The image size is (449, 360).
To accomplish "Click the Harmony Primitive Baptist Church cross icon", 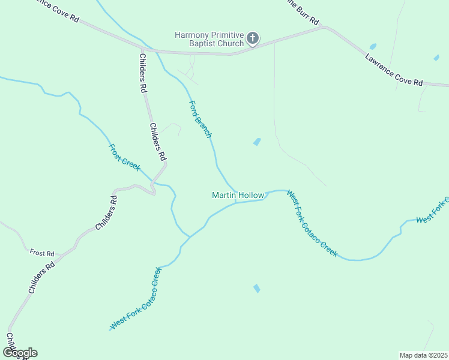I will coord(253,39).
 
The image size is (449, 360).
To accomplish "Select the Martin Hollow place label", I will coord(238,195).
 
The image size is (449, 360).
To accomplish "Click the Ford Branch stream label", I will coord(200,119).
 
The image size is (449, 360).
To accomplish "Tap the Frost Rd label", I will coord(42,253).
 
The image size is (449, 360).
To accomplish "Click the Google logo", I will coord(19,353).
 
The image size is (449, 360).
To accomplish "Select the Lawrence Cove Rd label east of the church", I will coord(393,70).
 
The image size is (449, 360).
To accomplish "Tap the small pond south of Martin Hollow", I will coord(257,289).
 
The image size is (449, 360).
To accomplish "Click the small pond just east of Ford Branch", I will coord(257,142).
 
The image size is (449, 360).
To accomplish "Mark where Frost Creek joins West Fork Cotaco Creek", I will coord(190,236).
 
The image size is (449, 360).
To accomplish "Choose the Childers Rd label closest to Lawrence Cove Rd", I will coord(143,73).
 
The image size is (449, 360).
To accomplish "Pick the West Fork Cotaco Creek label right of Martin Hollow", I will coord(312,224).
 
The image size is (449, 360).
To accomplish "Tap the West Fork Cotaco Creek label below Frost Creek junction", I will coord(136,298).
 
